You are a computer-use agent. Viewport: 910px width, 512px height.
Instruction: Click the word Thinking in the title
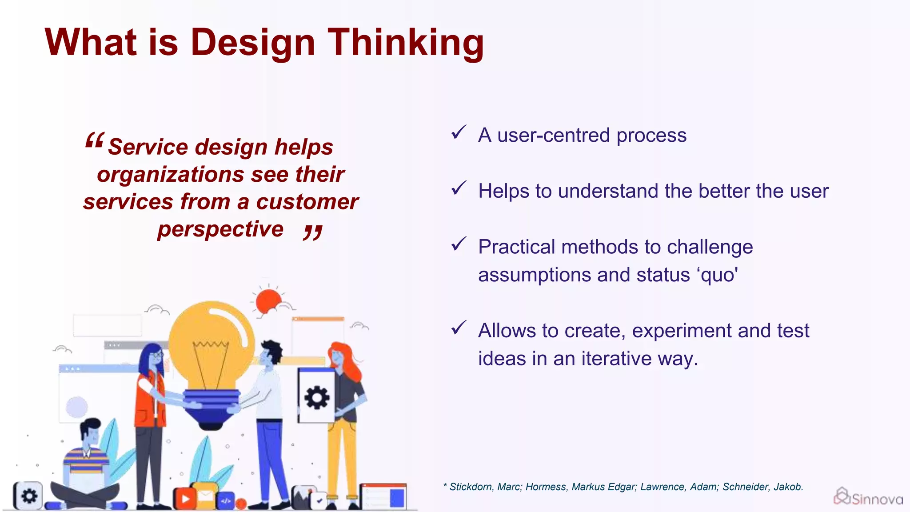(x=405, y=43)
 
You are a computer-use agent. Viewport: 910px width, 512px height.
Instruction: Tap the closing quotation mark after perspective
(x=313, y=232)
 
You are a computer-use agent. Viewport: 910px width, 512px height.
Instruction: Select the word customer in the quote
(x=307, y=202)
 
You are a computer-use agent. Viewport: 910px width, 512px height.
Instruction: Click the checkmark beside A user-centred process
(x=458, y=132)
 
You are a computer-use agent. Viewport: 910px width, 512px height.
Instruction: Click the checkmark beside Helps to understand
(x=458, y=188)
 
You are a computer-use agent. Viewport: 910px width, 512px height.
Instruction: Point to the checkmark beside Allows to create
(x=458, y=328)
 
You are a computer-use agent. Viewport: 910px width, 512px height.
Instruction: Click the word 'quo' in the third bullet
(x=718, y=275)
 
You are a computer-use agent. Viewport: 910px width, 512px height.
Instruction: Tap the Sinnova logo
(x=867, y=497)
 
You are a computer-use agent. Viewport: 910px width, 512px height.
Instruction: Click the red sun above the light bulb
(x=268, y=301)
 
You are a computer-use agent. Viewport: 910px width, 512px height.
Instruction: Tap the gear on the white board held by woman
(x=317, y=397)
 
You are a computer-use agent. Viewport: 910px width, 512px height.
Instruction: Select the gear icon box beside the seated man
(x=28, y=495)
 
